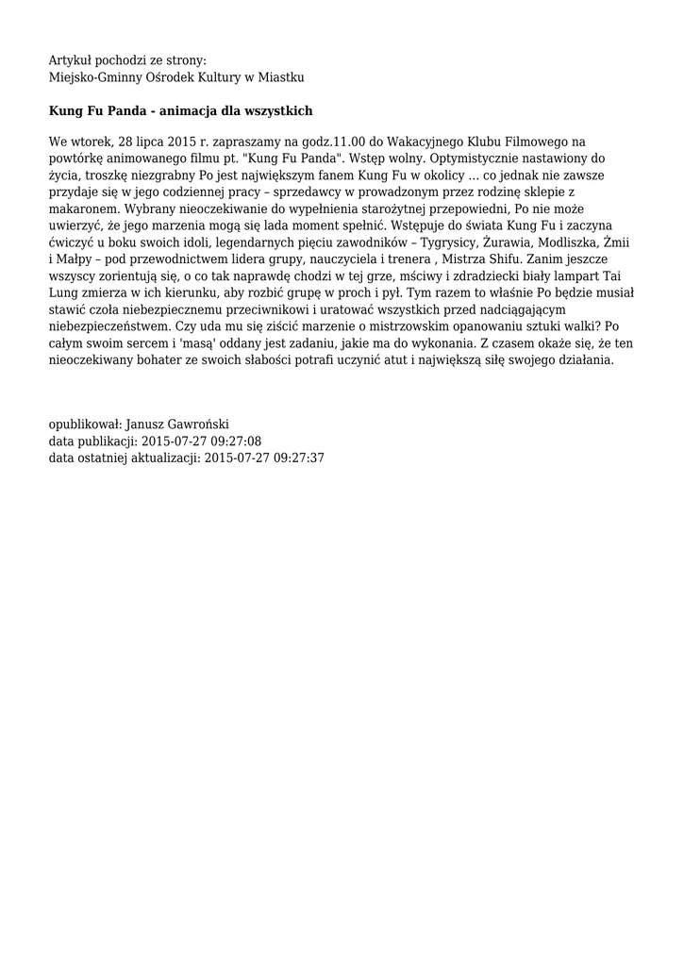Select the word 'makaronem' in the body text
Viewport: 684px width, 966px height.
click(x=83, y=209)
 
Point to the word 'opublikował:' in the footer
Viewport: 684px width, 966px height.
click(x=85, y=425)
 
